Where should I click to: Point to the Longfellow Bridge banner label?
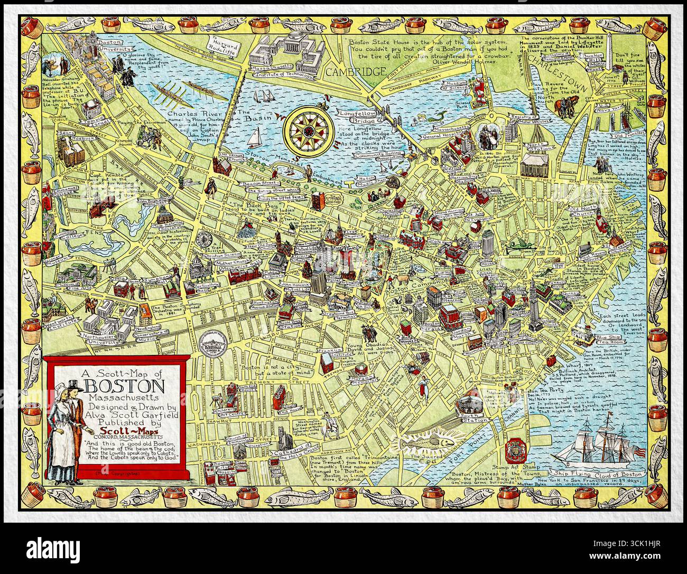(x=365, y=112)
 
